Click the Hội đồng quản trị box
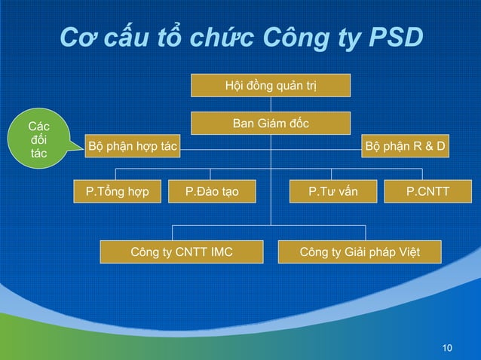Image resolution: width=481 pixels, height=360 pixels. coord(271,86)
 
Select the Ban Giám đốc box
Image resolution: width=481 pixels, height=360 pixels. coord(271,123)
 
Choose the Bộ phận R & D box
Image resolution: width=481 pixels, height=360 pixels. coord(406,146)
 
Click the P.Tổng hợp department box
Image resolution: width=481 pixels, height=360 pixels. coord(117,192)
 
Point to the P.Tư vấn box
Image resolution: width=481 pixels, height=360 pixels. coord(332,192)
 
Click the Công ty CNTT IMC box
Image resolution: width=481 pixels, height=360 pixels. coord(182,252)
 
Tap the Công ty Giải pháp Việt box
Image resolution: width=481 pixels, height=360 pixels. coord(360,252)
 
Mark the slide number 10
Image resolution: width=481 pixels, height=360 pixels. coord(448,347)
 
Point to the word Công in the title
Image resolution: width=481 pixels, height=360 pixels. coord(285,38)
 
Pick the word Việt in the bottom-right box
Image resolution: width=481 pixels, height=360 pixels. coord(407,252)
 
